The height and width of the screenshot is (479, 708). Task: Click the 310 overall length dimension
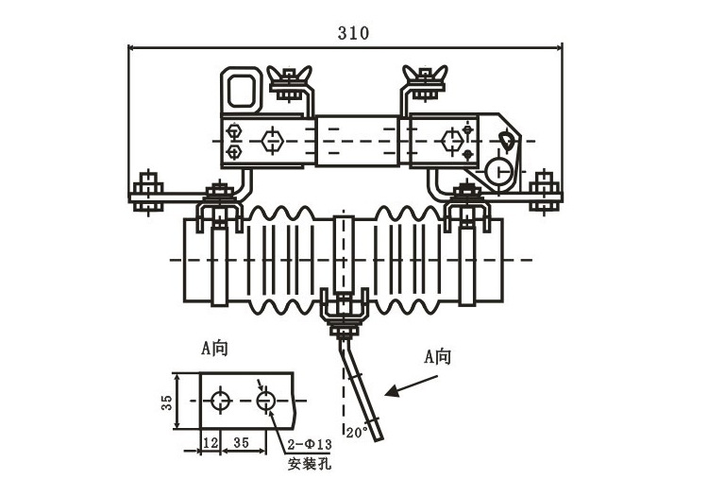tap(353, 33)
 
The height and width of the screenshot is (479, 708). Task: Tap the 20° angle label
tap(357, 433)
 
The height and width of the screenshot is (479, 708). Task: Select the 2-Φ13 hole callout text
tap(310, 444)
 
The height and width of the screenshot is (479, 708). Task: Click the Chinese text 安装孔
tap(310, 463)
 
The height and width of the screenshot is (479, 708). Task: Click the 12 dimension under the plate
tap(210, 442)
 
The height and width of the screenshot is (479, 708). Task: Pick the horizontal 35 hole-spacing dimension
tap(241, 442)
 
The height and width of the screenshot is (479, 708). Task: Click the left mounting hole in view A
tap(220, 401)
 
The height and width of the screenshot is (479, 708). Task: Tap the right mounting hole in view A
tap(266, 401)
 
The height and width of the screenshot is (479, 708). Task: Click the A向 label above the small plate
tap(214, 349)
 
